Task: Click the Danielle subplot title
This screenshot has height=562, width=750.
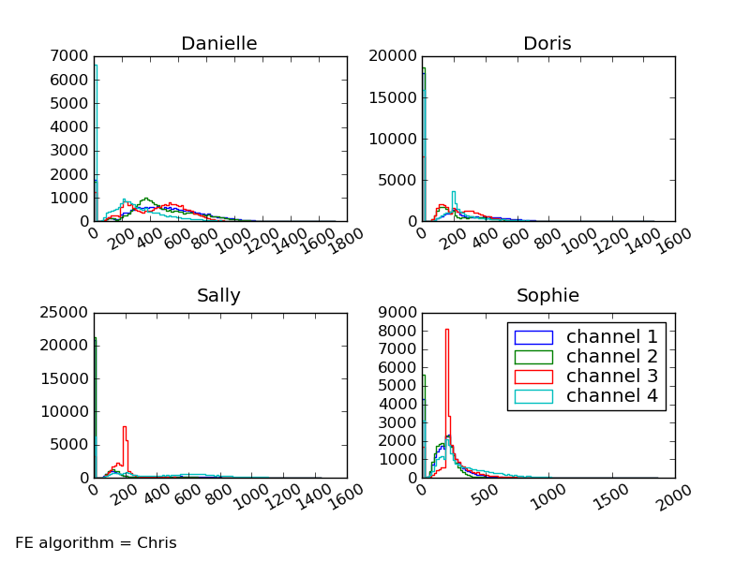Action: point(218,43)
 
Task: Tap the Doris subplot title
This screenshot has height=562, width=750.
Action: point(547,43)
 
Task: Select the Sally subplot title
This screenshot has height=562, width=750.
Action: point(218,296)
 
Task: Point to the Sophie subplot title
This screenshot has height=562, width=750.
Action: point(547,296)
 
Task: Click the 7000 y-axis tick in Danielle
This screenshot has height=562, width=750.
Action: point(70,56)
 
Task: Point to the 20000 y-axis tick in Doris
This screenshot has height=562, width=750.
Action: point(394,56)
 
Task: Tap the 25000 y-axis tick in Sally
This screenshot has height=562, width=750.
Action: point(66,312)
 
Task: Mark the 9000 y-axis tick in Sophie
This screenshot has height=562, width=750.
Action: point(398,312)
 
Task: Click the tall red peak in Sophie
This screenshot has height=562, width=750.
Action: point(447,331)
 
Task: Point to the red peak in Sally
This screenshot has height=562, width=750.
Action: point(124,428)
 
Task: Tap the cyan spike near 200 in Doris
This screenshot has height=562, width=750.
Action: point(453,193)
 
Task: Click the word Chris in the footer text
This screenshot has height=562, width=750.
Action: point(157,543)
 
